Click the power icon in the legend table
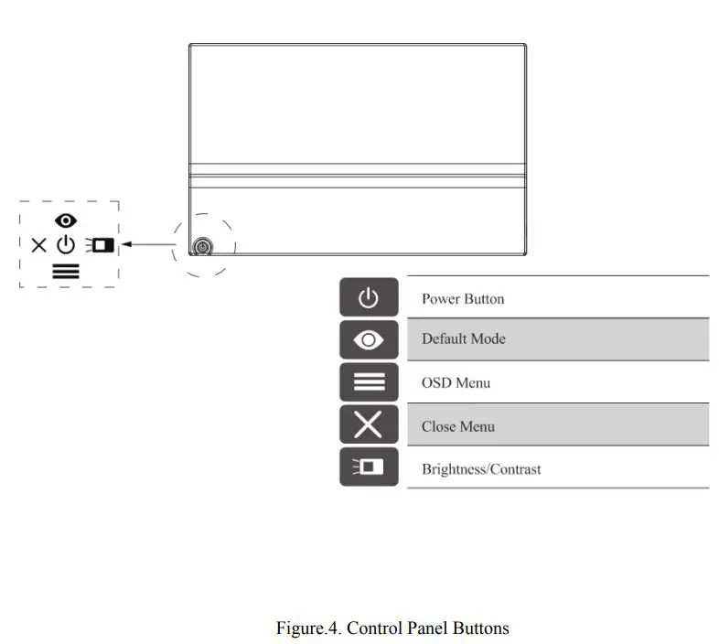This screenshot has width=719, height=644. (x=369, y=298)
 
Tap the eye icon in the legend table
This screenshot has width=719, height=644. (x=369, y=340)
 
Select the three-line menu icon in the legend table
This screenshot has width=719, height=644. (x=369, y=382)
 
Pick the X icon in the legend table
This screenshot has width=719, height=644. (x=369, y=425)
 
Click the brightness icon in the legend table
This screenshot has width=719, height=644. (x=369, y=467)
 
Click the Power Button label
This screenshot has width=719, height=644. (x=462, y=299)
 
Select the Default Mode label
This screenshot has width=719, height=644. (x=463, y=338)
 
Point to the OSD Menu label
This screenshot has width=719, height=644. (x=456, y=382)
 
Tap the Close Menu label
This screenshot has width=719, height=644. (x=457, y=426)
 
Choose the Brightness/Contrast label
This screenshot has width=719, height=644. (x=481, y=469)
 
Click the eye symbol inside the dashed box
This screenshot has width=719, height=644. (x=66, y=220)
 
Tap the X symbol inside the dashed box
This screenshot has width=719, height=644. (x=38, y=245)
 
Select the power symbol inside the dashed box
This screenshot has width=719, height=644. (x=66, y=245)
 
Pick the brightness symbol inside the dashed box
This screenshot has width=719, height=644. (x=100, y=245)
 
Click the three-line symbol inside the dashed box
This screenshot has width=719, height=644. (x=66, y=271)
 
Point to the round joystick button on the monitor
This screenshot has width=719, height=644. (x=201, y=247)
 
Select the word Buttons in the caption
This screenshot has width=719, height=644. (x=481, y=628)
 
